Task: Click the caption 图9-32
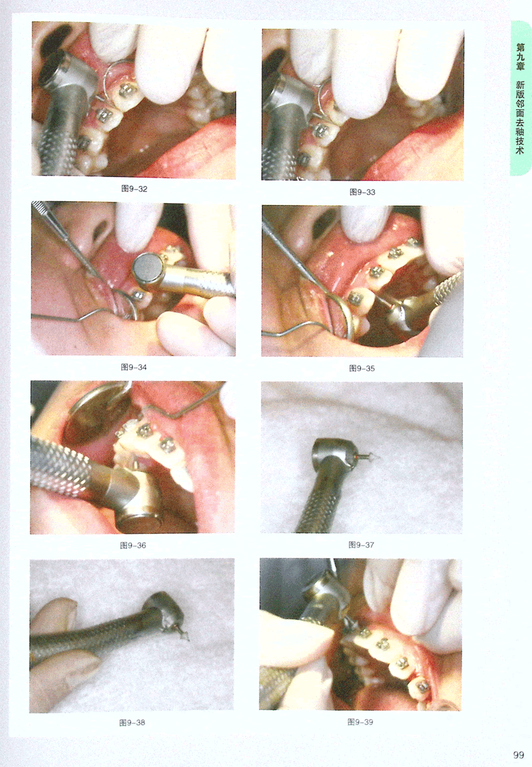[x=134, y=189]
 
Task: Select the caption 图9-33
[x=362, y=192]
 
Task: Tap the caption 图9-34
[x=134, y=367]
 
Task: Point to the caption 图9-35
[x=362, y=368]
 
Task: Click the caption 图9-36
[x=133, y=545]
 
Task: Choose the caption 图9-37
[x=361, y=545]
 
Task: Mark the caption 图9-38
[x=132, y=723]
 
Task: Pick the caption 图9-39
[x=360, y=722]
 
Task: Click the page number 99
[x=518, y=755]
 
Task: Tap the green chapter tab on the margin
[x=521, y=98]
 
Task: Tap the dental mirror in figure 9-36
[x=96, y=414]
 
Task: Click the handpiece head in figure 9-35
[x=407, y=313]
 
